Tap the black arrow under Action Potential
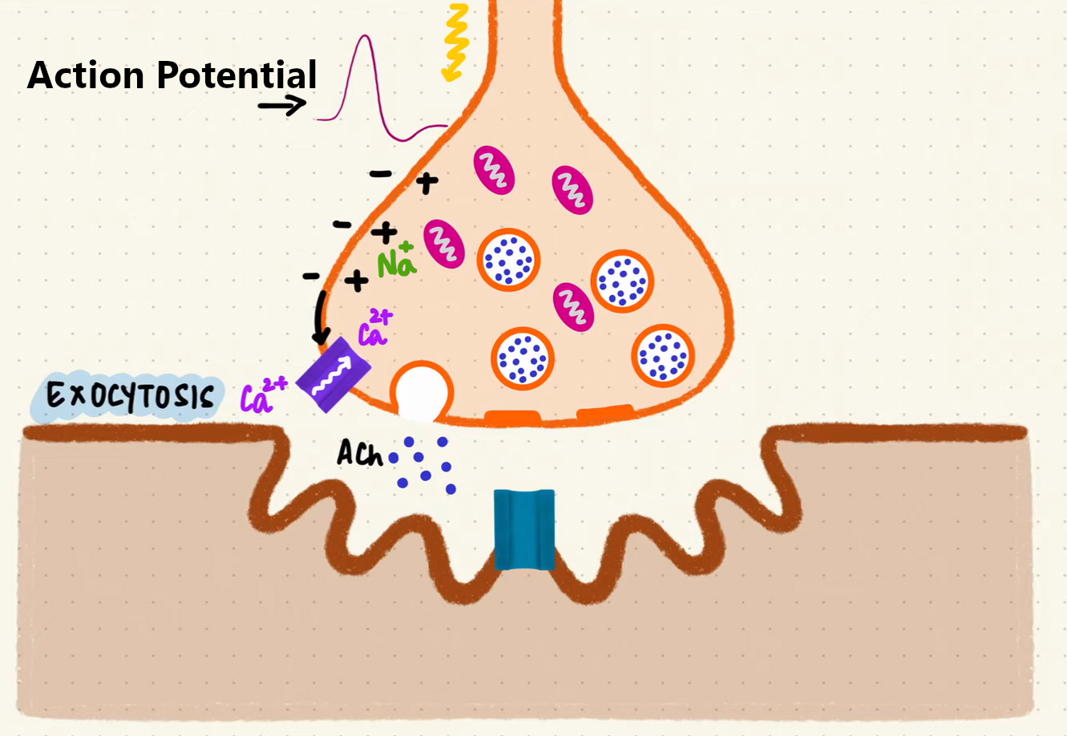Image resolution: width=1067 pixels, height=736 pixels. tap(282, 104)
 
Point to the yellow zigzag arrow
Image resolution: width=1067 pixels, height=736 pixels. tap(455, 42)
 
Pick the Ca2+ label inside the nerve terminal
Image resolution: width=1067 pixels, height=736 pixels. tap(374, 328)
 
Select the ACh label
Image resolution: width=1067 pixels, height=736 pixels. tap(359, 454)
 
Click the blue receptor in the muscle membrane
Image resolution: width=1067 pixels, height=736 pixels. tap(524, 529)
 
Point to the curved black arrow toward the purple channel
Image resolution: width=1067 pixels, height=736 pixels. tap(320, 315)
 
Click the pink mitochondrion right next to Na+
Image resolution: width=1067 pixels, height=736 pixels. tap(443, 243)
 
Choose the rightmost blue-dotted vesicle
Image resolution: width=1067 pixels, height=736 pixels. tap(663, 353)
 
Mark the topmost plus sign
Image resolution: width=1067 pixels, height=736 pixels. tap(426, 183)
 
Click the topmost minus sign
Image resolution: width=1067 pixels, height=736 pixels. tap(381, 173)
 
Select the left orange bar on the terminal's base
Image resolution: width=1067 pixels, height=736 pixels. tap(512, 418)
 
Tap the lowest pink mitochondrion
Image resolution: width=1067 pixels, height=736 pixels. tap(573, 306)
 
